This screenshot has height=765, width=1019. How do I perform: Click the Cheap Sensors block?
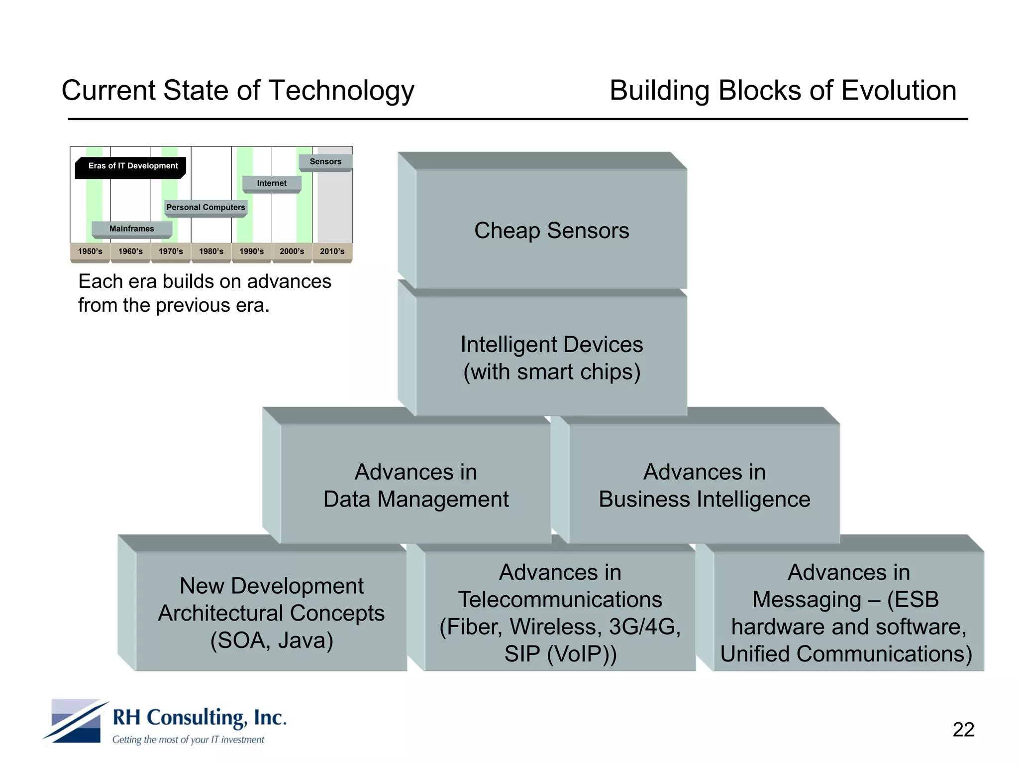point(551,230)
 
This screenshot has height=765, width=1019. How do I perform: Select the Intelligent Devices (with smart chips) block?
point(551,358)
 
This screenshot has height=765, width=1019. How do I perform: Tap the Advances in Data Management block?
point(415,485)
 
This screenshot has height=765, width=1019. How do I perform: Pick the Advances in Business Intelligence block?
point(704,485)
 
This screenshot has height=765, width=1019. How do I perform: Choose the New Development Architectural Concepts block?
point(271,613)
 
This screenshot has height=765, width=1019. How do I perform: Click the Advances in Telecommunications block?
point(560,613)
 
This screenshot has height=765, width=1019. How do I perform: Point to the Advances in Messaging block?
point(848,613)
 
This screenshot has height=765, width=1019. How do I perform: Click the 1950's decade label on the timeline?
point(90,252)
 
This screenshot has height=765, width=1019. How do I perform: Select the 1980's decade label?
point(211,252)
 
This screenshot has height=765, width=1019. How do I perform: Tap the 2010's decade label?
point(332,252)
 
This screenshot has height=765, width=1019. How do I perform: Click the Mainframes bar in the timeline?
point(132,229)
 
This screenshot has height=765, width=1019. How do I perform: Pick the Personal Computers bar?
point(205,207)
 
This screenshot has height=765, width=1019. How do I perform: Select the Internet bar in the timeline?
point(272,183)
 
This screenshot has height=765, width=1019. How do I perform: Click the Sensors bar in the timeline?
point(325,162)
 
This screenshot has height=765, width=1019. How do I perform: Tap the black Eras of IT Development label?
point(132,166)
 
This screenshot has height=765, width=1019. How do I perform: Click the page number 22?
point(963,730)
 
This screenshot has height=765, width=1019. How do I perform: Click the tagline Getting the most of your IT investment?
point(188,740)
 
